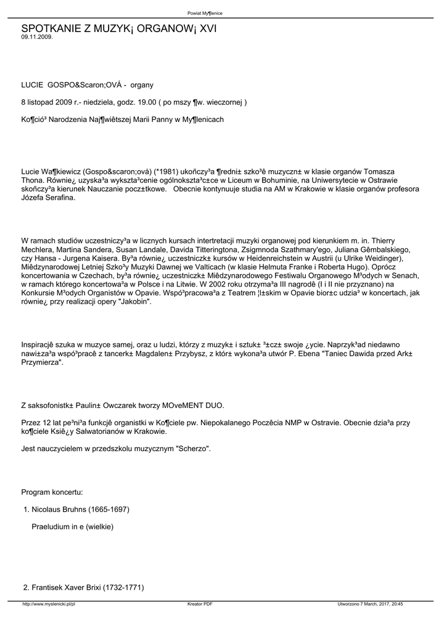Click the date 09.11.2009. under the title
click(x=36, y=37)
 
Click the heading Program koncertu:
click(x=52, y=492)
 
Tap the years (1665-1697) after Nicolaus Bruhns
click(x=109, y=509)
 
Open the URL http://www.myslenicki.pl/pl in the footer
click(x=49, y=604)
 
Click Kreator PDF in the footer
click(x=200, y=604)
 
